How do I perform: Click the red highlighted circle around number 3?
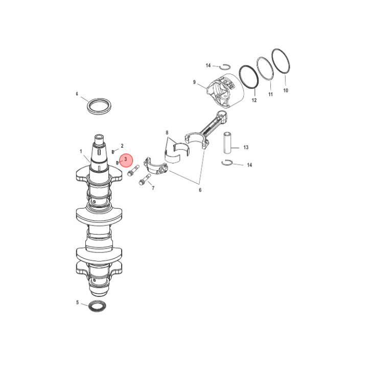[126, 160]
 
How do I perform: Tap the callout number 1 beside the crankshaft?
[81, 151]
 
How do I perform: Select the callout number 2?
[122, 146]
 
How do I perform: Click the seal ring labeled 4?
[99, 106]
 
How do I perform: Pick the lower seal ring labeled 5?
[98, 306]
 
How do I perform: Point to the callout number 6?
[200, 190]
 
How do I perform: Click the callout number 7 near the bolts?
[153, 188]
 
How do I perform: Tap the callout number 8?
[167, 132]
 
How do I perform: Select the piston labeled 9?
[225, 91]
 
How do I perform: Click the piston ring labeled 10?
[281, 61]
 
